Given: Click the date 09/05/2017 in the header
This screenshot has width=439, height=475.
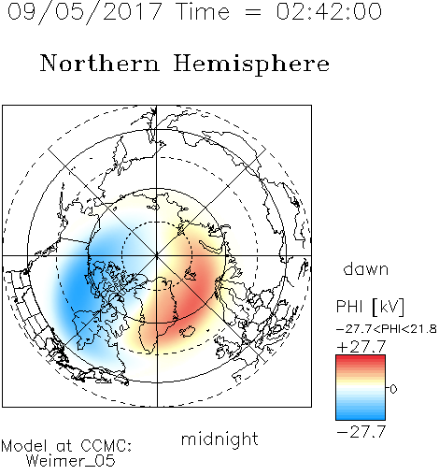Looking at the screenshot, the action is coord(85,12).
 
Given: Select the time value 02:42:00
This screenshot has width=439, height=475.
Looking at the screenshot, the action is coord(329,11).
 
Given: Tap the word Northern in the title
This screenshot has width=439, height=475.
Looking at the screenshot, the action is coord(100,64).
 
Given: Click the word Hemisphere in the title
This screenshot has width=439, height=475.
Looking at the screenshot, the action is coord(251,65).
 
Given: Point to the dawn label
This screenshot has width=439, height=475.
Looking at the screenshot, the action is coord(366,268).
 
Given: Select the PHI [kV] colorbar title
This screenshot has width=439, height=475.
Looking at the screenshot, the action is coord(370,307).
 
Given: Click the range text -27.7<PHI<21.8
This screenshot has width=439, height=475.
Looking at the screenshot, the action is coord(387,329).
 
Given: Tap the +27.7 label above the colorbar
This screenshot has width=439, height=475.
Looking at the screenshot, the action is coord(361,347).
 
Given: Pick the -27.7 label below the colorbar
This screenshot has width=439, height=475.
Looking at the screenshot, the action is coord(361,432).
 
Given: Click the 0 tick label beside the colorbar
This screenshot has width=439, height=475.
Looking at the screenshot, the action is coord(393,389).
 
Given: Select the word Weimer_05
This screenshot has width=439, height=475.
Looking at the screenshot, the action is coord(71,461).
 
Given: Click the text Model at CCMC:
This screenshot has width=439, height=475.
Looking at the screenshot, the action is coord(66,446).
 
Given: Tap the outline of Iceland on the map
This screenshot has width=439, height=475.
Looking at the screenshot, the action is coord(188,331).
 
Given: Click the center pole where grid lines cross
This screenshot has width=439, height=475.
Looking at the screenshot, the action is coord(157,256).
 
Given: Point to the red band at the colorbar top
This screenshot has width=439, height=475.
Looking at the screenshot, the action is coord(361,359).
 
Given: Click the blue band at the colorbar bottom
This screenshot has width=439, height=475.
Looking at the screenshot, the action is coord(361,415).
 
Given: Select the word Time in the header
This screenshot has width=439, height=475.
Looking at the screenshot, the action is coord(203,12).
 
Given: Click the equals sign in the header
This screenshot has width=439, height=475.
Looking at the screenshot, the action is coord(253,12).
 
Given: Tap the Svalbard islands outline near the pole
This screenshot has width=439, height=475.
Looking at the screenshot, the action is coord(191,274).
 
